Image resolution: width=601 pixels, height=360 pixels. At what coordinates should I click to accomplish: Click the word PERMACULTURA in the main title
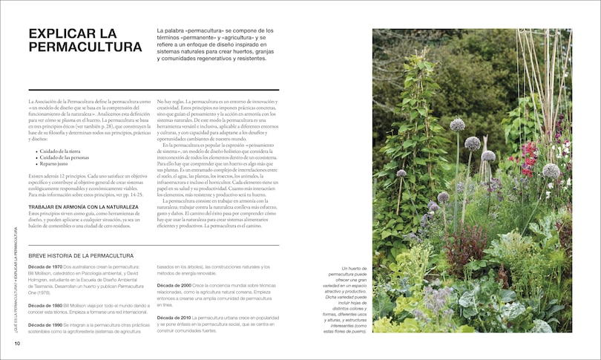tap(85, 48)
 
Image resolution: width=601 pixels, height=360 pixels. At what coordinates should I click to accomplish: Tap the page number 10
tap(16, 343)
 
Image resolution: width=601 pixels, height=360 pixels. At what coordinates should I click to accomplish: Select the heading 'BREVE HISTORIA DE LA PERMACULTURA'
tap(81, 255)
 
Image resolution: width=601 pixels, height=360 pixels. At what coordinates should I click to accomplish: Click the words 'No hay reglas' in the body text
tap(174, 100)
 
